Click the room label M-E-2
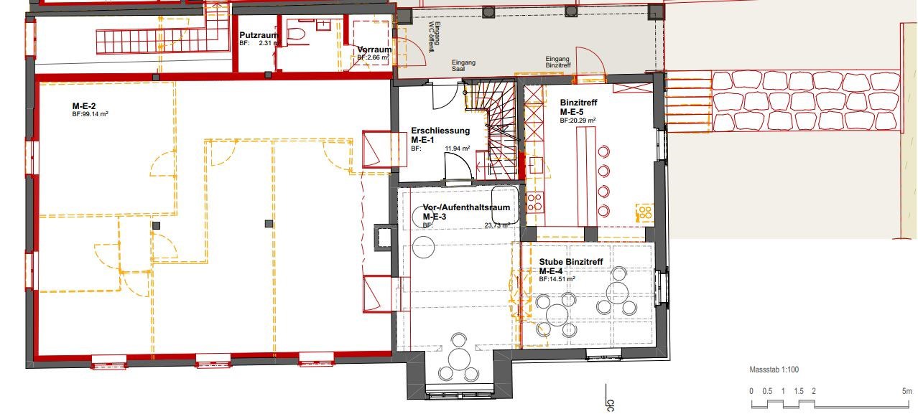coord(84,106)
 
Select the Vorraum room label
coord(374,50)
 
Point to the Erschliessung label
coord(440,131)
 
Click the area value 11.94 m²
coord(457,149)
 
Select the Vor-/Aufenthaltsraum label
coord(466,207)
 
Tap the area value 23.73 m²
coord(497,225)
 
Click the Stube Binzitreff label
coord(571,262)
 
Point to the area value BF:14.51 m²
coord(557,279)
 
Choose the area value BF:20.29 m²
coord(578,121)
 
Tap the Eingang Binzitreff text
coord(558,63)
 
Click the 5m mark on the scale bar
coord(907,391)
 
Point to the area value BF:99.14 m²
coord(90,114)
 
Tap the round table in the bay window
coord(459,357)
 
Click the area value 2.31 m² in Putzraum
coord(266,43)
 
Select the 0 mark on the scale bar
coord(751,391)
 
